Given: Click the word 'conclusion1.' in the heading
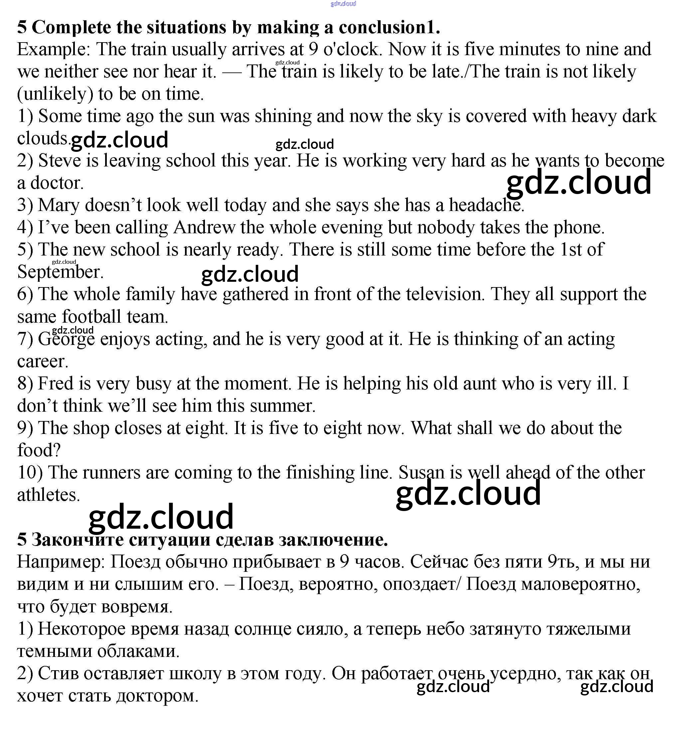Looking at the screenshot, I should tap(389, 27).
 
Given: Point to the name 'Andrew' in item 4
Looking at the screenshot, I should tap(204, 227).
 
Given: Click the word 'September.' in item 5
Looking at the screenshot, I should tap(60, 272).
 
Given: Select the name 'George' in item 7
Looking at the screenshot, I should tap(67, 339).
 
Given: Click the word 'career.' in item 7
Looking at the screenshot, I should tap(43, 362).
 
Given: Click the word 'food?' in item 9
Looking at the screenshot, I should tap(39, 450).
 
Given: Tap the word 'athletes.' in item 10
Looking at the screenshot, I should tap(49, 495).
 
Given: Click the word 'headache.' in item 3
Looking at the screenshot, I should tap(486, 205).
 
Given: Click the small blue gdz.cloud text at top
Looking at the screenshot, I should tap(343, 4).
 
